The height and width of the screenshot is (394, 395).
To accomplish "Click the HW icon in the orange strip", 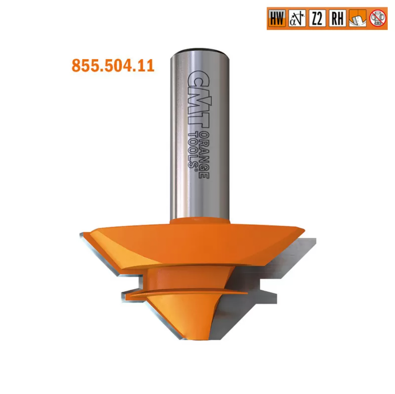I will pos(277,18).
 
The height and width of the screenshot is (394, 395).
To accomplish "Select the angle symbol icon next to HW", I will pos(297,18).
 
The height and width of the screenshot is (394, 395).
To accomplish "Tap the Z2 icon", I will pos(317,18).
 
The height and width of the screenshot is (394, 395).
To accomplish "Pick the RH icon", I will pos(337,18).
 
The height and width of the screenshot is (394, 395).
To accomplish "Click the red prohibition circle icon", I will pos(378,18).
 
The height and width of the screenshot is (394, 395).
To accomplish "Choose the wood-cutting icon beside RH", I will pos(357,18).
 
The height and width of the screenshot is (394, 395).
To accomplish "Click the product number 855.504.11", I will pos(113,66).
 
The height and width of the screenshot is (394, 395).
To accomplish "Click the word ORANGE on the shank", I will pos(204,155).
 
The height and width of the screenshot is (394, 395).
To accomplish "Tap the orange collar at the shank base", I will pos(200,221).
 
